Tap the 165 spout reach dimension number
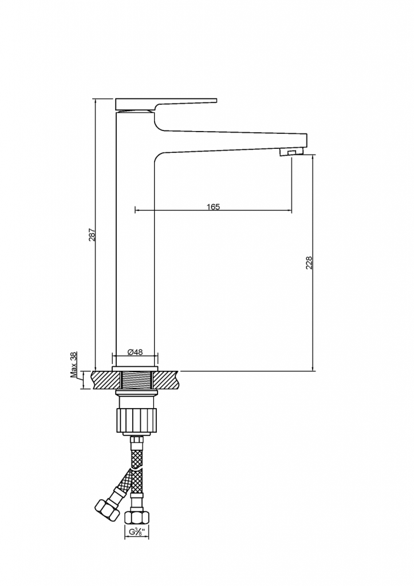[213, 207]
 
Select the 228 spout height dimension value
[309, 263]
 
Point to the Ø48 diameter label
[135, 352]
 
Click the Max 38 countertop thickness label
[74, 365]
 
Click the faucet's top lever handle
[166, 105]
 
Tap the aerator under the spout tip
[291, 152]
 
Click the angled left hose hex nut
[107, 509]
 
